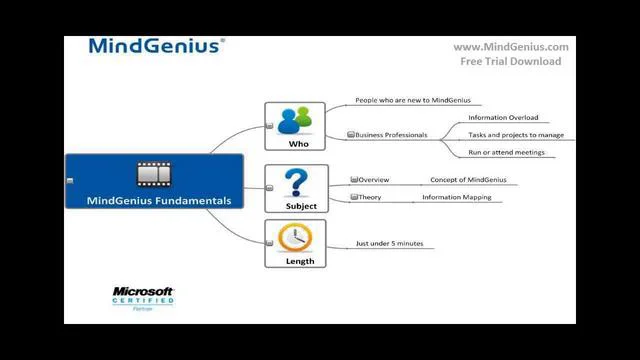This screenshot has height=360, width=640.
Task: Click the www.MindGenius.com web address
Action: point(510,46)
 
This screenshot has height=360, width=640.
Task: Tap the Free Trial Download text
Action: point(510,61)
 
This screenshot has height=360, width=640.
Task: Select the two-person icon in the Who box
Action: point(295,120)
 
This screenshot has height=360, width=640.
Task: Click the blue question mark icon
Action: point(295,183)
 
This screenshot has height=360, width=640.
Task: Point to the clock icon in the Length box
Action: point(295,238)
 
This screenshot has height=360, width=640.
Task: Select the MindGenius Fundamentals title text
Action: point(159,200)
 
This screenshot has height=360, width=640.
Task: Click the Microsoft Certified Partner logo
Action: point(143,299)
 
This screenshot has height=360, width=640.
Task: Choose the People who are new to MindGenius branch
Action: point(412,100)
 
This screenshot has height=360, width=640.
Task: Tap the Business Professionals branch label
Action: point(391,134)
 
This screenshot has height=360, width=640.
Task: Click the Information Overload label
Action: point(502,117)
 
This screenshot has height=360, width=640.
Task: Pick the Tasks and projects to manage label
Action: point(516,134)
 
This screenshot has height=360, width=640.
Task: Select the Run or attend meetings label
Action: point(506,152)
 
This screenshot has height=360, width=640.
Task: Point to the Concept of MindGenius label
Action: point(468,180)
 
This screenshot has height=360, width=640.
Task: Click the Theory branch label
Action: point(370,197)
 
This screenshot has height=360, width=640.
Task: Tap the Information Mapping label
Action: point(456,197)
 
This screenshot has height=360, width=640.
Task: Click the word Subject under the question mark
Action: point(300,206)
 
